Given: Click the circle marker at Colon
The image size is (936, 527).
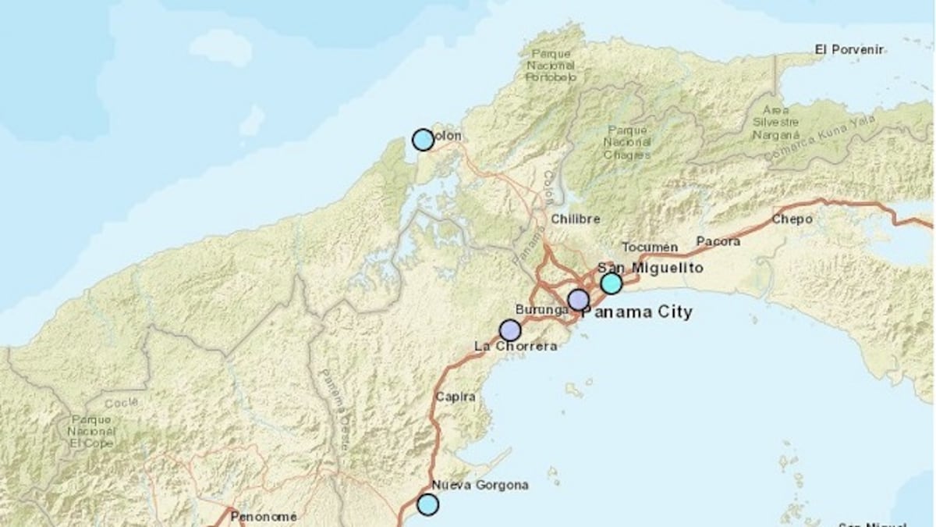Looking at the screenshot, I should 423,140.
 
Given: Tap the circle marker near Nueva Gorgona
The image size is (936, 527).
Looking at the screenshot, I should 427,504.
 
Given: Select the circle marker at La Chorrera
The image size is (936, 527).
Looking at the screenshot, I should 509,330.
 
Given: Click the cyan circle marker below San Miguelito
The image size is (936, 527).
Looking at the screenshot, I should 612,283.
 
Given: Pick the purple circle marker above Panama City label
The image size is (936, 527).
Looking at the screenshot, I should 578,300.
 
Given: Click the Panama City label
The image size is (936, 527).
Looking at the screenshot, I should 637,312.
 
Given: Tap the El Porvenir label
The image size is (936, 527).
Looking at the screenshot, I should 849,49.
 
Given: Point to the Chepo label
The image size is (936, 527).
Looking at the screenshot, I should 792,219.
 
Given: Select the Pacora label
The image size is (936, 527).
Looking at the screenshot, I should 718,242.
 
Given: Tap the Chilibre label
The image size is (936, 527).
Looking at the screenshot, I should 576,219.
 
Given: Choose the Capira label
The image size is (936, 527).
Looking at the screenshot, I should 456,397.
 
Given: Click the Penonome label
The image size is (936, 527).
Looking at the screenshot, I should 264,516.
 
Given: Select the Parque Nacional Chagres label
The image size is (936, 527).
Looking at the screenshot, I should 628,142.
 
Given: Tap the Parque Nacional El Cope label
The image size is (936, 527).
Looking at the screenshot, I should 91,430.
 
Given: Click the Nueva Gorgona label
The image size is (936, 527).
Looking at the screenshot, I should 480,485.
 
